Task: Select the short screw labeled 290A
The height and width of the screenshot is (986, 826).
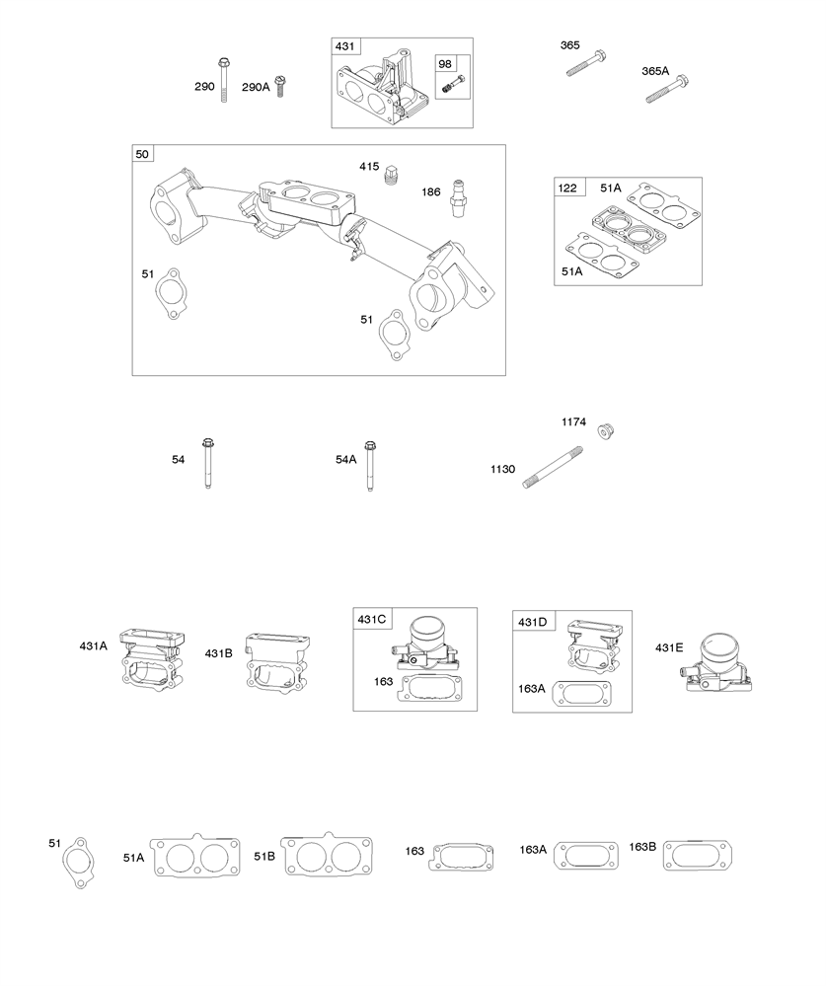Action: [280, 86]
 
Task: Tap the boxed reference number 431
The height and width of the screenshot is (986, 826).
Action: [345, 47]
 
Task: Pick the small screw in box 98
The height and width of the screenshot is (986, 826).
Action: [451, 87]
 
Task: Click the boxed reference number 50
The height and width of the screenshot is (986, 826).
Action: [143, 155]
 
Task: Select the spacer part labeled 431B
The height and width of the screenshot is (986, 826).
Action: [279, 657]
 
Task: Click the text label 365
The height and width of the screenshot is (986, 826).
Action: [569, 45]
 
